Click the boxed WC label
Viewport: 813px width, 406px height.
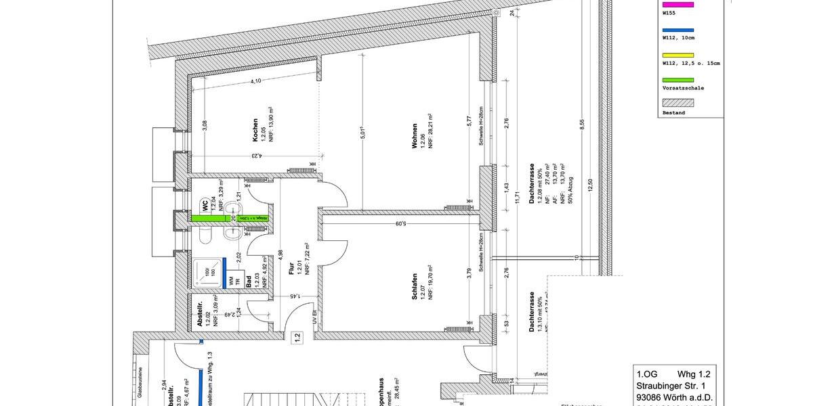[204, 205]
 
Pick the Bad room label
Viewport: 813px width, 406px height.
[249, 282]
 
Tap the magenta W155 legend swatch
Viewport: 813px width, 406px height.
[677, 5]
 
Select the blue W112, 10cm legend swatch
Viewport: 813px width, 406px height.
[677, 31]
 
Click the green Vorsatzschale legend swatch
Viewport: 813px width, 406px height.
[677, 81]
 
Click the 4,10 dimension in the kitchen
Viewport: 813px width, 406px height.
[256, 81]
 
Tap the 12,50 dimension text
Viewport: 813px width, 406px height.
[591, 185]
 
